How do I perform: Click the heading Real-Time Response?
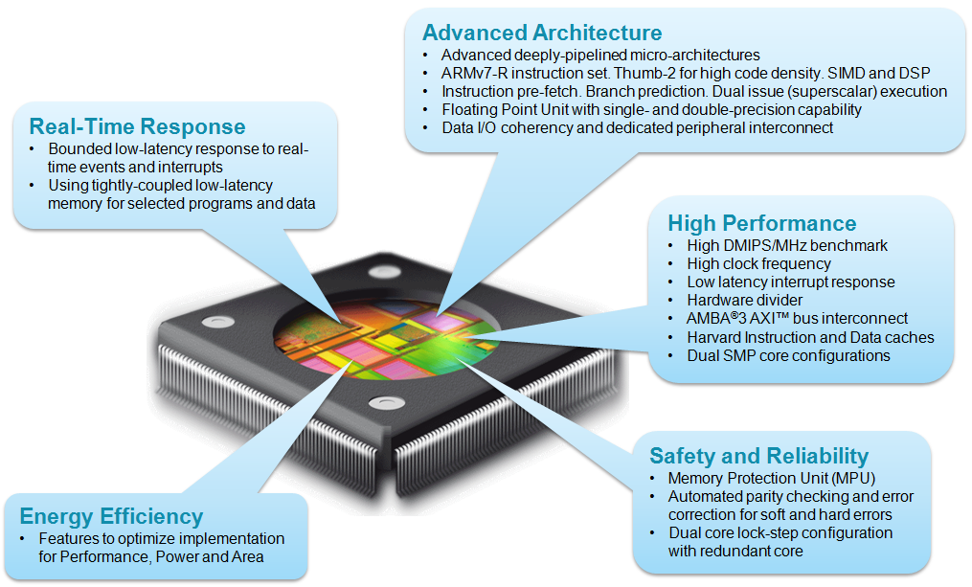(137, 126)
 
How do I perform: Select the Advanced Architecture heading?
(541, 34)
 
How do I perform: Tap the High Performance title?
(761, 223)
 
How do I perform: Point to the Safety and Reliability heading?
(758, 456)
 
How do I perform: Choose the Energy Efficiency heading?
(111, 517)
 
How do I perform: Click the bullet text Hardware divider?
(745, 300)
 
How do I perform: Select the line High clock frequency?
(758, 263)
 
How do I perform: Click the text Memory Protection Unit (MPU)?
(772, 478)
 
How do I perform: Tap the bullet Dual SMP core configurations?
(788, 355)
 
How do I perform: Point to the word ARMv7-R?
(469, 74)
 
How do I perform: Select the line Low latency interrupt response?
(790, 282)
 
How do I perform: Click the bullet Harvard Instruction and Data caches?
(810, 337)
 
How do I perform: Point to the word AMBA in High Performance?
(710, 318)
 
